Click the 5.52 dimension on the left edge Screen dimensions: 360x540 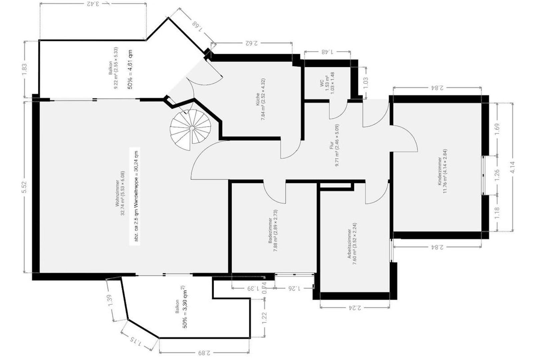click(24, 187)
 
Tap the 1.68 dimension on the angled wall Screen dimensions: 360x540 click(197, 26)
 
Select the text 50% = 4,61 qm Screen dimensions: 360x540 click(130, 69)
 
